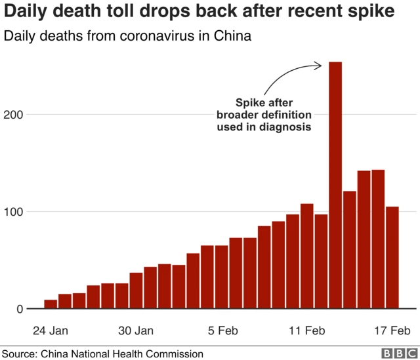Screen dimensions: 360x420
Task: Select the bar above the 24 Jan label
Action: (x=51, y=304)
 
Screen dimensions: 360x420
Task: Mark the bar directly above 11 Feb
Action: (x=307, y=256)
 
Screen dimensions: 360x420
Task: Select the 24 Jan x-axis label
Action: (x=51, y=330)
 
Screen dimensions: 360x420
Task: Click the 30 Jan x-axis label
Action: (x=136, y=330)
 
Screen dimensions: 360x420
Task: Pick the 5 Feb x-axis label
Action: (x=222, y=330)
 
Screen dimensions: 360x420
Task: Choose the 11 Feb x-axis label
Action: (x=307, y=330)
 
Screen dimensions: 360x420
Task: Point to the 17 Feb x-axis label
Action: (x=392, y=330)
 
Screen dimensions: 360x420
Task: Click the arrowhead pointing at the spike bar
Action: (x=318, y=64)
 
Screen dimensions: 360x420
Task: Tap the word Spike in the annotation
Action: (x=249, y=103)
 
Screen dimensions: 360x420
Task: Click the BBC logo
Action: (x=398, y=353)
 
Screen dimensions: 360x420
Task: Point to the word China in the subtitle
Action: (x=232, y=36)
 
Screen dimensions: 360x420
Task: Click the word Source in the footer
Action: (x=18, y=353)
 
